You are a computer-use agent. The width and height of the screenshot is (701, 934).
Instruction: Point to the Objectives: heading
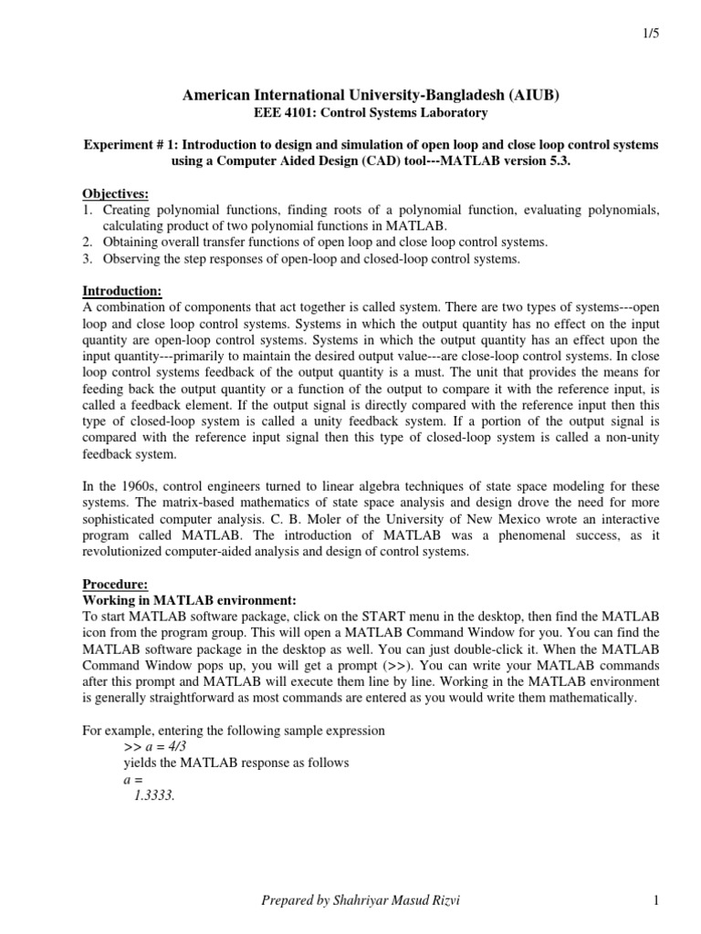115,193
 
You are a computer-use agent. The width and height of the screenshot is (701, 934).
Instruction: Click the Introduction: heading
122,292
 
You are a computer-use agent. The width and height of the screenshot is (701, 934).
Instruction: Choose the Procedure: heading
115,584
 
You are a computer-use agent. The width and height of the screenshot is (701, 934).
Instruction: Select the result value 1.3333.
154,795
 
